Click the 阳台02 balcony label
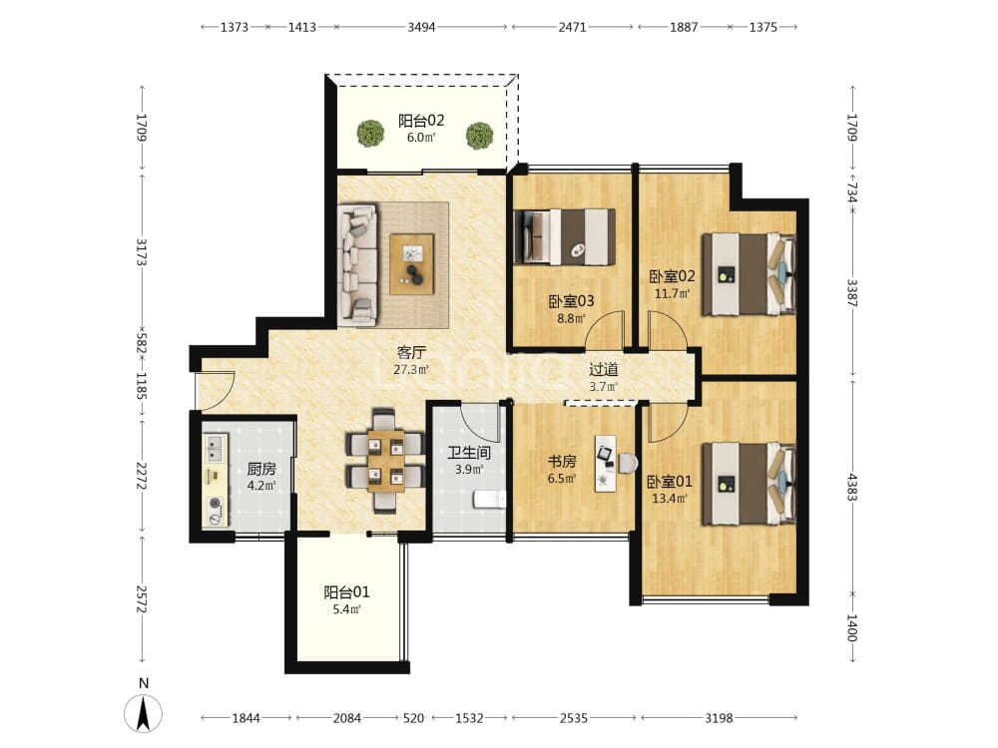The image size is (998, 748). click(421, 121)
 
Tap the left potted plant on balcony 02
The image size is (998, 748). click(370, 134)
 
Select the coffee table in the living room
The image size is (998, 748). click(412, 264)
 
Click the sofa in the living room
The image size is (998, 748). click(357, 264)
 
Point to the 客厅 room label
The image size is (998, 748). click(410, 352)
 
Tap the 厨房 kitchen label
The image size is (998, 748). click(260, 470)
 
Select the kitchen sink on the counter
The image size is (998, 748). click(215, 447)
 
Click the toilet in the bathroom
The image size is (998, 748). click(489, 500)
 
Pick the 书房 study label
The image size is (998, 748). click(561, 461)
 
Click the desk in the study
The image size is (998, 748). click(606, 463)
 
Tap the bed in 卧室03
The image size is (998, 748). click(565, 236)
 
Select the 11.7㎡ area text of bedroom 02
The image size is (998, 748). click(672, 294)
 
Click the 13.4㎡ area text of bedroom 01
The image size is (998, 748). click(670, 499)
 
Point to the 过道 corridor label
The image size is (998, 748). click(603, 370)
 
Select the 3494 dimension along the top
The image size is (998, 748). click(421, 27)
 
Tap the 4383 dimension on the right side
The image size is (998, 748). click(851, 487)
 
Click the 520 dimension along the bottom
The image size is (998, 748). click(413, 718)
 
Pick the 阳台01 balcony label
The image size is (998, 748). click(346, 592)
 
